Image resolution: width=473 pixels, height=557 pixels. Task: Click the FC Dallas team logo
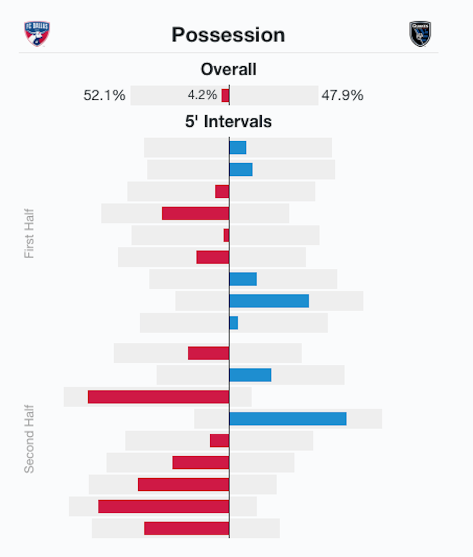click(x=37, y=34)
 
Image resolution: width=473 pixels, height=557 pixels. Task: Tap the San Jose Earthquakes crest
click(x=420, y=34)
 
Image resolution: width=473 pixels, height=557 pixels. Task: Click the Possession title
click(x=228, y=35)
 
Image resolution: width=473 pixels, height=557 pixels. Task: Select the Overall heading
click(x=228, y=69)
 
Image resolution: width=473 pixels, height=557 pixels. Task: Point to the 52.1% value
click(x=104, y=96)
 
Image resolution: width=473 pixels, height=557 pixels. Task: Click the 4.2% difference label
click(x=202, y=95)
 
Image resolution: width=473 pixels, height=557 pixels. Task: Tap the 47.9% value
click(x=342, y=96)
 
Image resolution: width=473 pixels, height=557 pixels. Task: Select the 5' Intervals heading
click(x=228, y=121)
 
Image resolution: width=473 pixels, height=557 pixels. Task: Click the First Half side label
click(x=29, y=234)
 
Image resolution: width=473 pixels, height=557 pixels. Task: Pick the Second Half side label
click(x=29, y=438)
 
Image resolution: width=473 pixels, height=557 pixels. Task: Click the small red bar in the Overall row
click(x=225, y=96)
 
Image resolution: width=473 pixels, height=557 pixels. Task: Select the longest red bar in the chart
click(x=158, y=397)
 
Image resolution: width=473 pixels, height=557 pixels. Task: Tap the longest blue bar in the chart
click(x=287, y=419)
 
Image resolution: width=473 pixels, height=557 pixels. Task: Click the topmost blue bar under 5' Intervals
click(x=238, y=148)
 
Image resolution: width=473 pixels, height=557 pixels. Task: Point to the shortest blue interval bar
click(x=233, y=323)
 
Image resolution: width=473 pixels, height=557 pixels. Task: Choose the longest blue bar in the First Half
click(x=269, y=301)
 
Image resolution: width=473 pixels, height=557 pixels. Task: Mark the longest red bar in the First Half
click(x=196, y=213)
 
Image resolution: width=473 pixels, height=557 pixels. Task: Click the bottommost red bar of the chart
click(x=187, y=528)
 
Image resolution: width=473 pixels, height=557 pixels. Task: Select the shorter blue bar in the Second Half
click(x=250, y=375)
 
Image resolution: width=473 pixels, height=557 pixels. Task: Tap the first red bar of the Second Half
click(x=209, y=353)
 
